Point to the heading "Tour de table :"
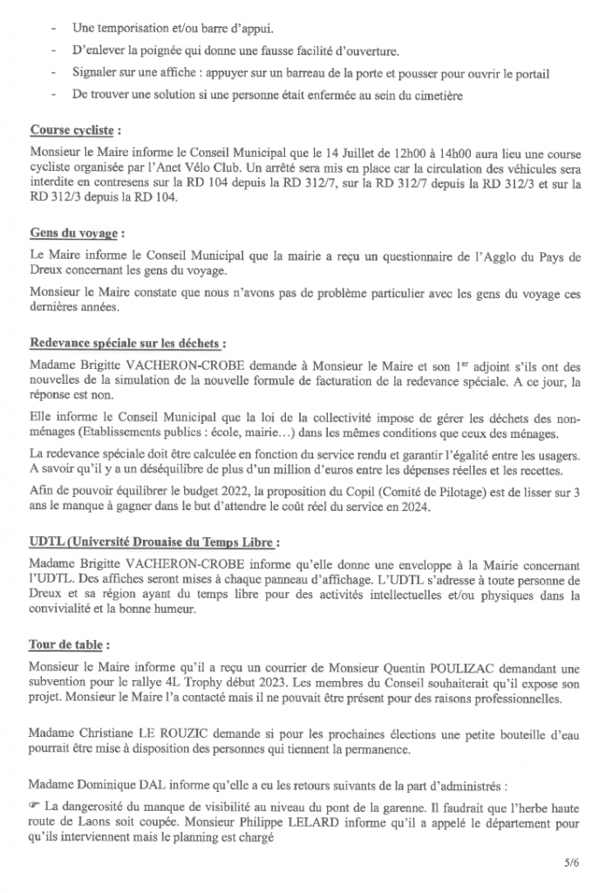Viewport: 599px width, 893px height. (x=70, y=645)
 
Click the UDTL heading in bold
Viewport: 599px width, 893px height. (x=153, y=542)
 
